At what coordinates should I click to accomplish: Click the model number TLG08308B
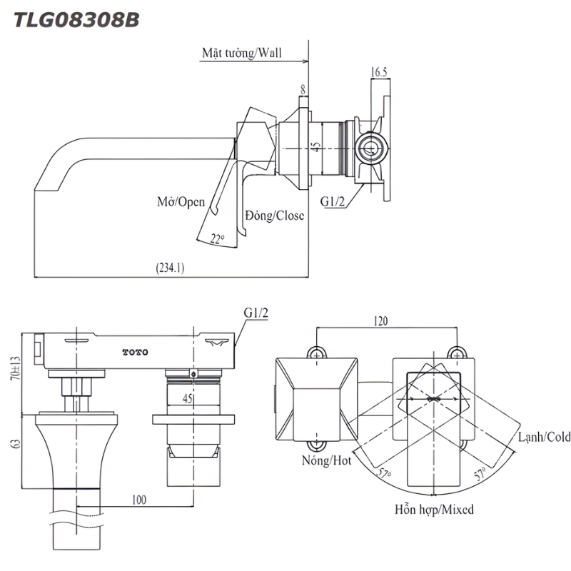tap(76, 20)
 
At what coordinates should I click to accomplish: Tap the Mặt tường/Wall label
tap(242, 53)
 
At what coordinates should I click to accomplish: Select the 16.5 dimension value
tap(379, 72)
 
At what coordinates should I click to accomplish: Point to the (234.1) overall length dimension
tap(170, 268)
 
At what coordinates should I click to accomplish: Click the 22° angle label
tap(217, 239)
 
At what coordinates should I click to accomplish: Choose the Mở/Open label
tap(181, 202)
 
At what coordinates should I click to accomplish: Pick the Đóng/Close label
tap(275, 216)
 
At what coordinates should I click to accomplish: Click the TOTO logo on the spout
tap(135, 352)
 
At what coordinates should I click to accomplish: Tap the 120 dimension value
tap(381, 321)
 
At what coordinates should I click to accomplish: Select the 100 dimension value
tap(139, 500)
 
